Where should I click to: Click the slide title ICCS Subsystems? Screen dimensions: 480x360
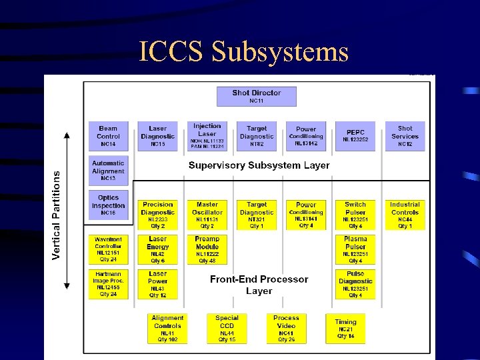244,51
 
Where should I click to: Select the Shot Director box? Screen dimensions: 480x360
256,96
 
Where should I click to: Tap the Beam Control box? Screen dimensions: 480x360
108,135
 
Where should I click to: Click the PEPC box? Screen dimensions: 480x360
355,135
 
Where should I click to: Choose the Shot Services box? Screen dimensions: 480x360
405,135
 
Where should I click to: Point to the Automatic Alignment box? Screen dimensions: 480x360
108,171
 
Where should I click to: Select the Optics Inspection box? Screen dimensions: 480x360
108,205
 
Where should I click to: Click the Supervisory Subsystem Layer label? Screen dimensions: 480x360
259,165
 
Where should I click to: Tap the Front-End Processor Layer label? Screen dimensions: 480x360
259,285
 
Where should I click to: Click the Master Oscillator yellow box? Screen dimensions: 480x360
207,215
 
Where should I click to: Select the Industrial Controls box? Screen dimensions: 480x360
405,215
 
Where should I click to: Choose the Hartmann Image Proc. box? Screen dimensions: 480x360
108,284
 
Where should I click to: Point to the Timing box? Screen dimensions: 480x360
345,329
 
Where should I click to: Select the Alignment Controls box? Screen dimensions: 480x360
167,329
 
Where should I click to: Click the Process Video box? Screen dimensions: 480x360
286,329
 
